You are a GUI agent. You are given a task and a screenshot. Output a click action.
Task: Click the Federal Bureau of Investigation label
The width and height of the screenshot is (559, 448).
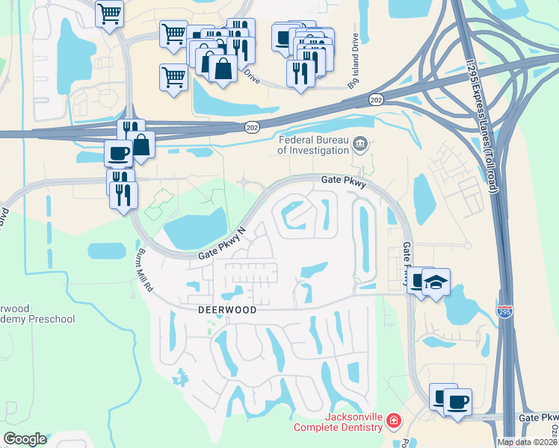click(x=314, y=144)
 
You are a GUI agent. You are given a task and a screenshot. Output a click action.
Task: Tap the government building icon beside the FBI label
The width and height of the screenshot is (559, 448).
click(x=361, y=143)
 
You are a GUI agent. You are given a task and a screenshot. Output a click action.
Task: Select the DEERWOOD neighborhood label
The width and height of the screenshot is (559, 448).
click(x=227, y=309)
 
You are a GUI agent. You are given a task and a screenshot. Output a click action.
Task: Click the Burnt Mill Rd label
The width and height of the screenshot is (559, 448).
click(x=146, y=270)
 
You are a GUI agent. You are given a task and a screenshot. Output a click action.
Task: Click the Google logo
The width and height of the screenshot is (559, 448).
click(x=25, y=439)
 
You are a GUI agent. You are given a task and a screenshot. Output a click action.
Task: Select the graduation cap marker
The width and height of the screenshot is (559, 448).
click(x=435, y=282)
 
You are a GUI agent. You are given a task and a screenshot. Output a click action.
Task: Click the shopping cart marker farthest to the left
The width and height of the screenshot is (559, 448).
click(x=110, y=12)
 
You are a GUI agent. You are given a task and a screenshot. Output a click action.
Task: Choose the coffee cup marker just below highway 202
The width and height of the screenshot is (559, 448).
click(x=117, y=153)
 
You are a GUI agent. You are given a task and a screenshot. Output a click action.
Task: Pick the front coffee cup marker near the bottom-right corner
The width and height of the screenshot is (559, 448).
click(x=457, y=402)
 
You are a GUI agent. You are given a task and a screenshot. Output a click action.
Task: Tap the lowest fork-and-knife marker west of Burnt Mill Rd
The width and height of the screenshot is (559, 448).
click(x=124, y=194)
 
